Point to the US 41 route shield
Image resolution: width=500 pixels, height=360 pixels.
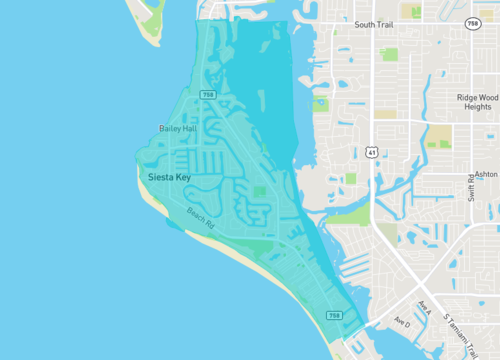coord(371,152)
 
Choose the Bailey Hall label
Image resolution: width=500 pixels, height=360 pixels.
coord(178,129)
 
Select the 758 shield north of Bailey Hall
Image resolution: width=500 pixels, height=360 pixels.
coord(207,95)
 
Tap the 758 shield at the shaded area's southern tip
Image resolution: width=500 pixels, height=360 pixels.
coord(334,316)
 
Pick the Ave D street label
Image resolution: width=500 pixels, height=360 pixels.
coord(402,322)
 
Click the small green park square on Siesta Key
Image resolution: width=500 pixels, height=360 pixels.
coord(261,191)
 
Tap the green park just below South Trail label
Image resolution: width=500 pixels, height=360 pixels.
coord(388,54)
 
